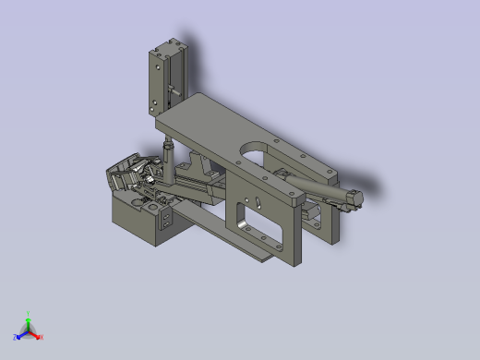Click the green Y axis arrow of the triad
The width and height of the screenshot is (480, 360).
[x=28, y=317]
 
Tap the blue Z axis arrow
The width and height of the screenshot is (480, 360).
[x=18, y=334]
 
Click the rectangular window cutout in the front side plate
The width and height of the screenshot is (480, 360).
[x=246, y=221]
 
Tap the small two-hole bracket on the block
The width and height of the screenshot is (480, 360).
[x=167, y=220]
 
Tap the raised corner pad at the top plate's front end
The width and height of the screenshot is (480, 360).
[x=293, y=198]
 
